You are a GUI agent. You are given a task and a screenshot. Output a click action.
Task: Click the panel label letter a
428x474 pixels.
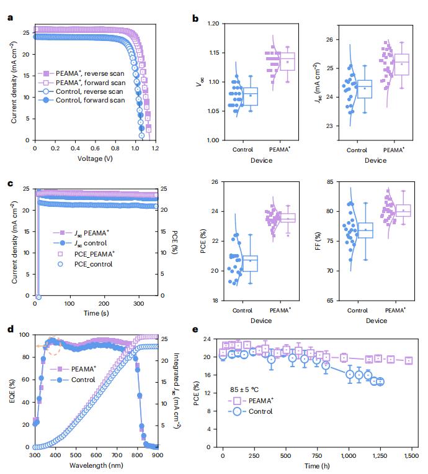pyautogui.click(x=10, y=17)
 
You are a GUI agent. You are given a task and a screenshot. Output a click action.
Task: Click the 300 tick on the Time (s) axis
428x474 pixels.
pyautogui.click(x=138, y=304)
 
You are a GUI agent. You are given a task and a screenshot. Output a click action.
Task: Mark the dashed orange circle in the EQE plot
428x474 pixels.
pyautogui.click(x=53, y=345)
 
